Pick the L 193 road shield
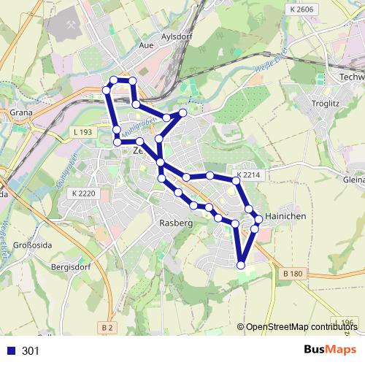click(83, 131)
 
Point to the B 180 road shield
click(291, 273)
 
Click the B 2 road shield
click(109, 328)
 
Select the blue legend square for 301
click(9, 351)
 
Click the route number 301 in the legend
click(31, 351)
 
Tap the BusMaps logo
click(330, 350)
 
